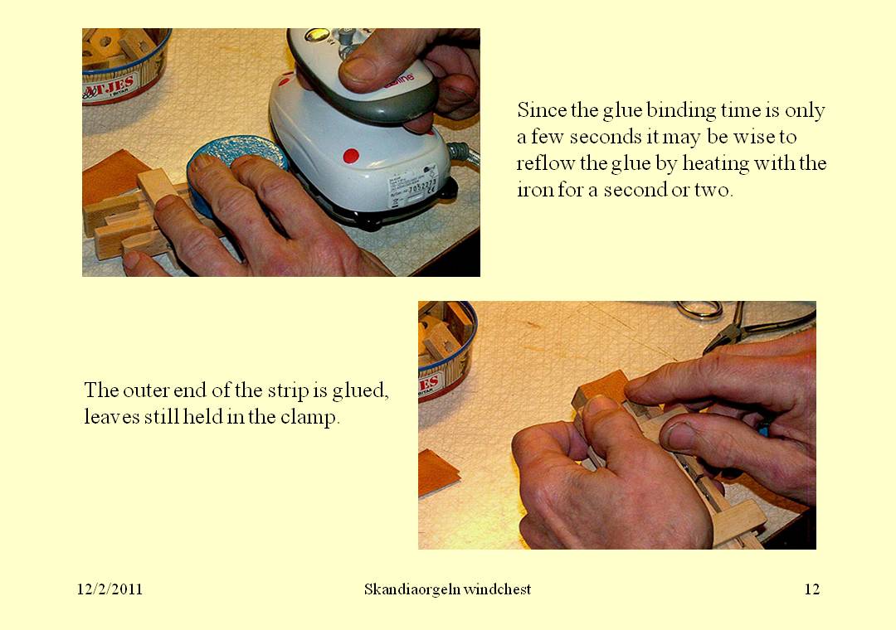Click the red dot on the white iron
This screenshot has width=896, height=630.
pos(351,155)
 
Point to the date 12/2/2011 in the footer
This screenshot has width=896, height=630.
pos(110,589)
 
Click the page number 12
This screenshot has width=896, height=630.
pos(811,589)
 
